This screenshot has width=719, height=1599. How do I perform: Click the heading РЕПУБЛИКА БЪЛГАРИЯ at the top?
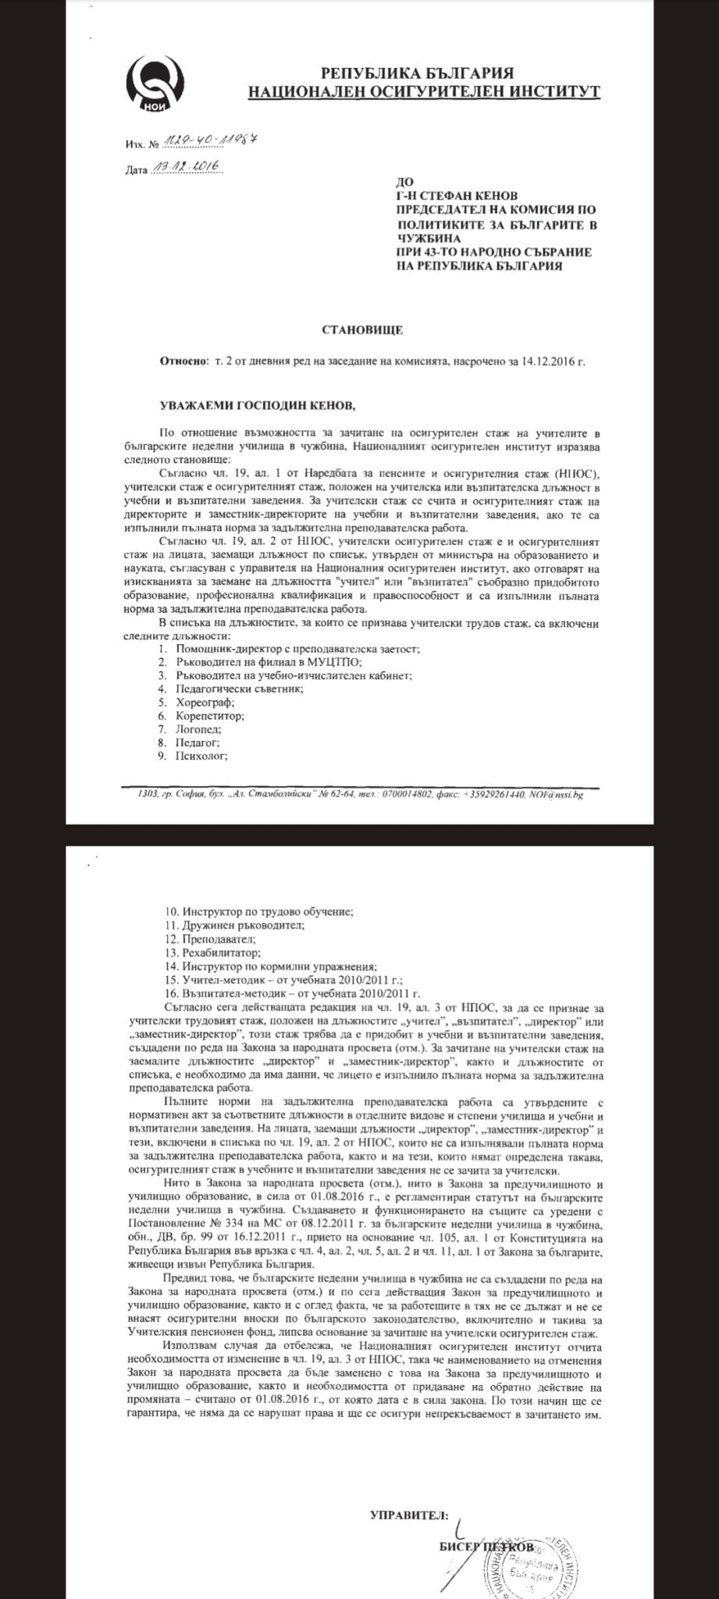click(x=422, y=74)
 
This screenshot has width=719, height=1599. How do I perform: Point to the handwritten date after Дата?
click(x=185, y=167)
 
